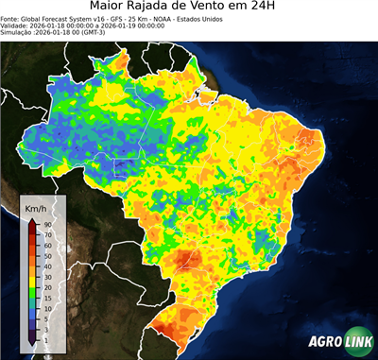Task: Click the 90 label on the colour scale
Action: tap(46, 225)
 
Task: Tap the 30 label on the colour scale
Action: tap(46, 276)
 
